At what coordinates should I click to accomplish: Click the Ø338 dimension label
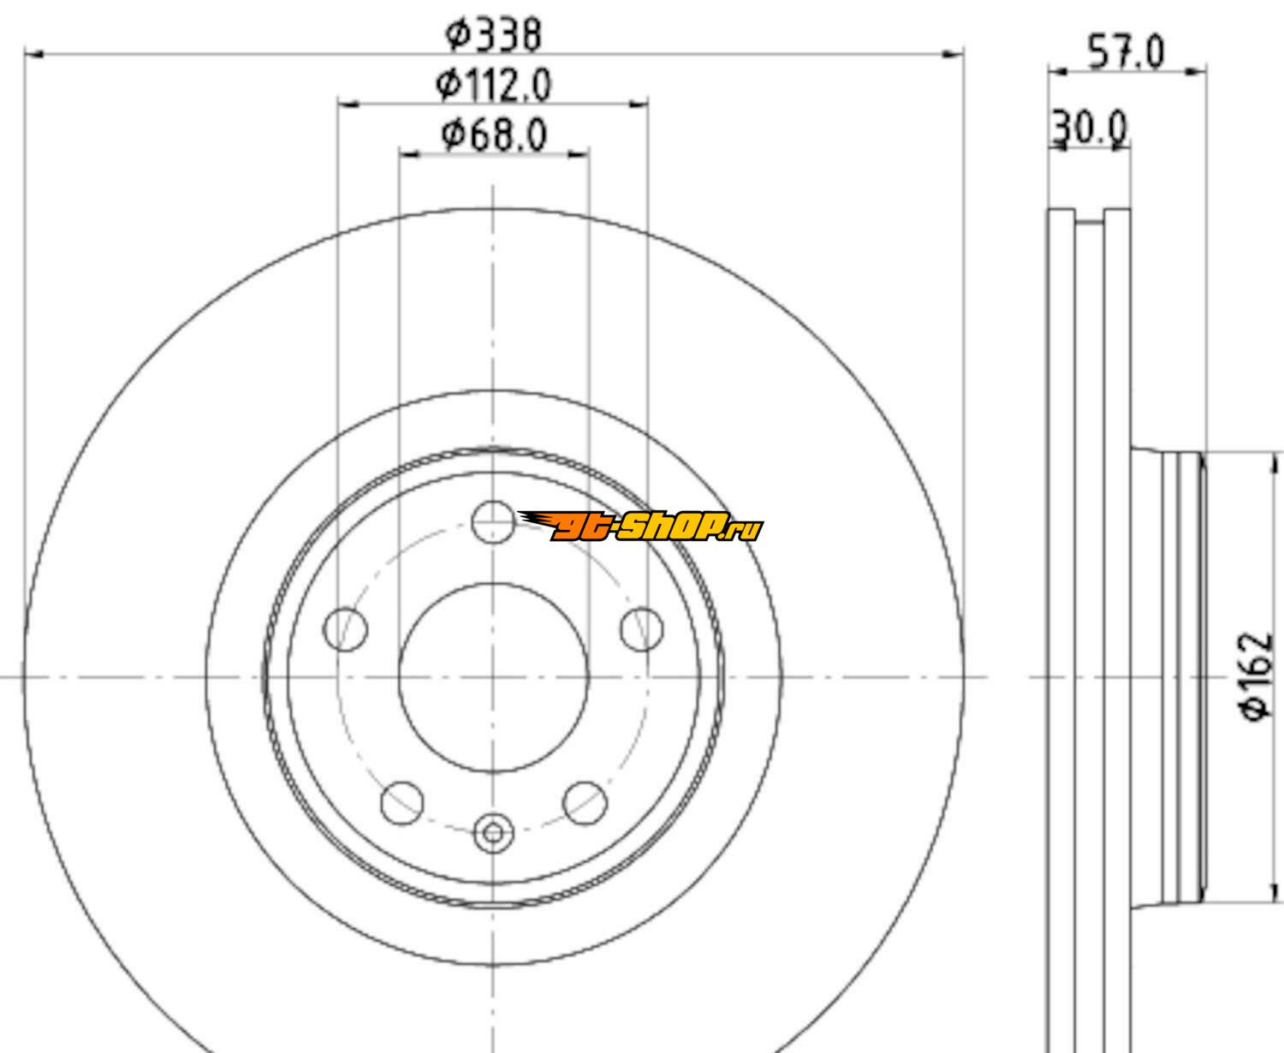pos(493,34)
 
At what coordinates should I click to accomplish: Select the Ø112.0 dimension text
pos(493,85)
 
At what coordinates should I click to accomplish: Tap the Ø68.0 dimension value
pos(494,134)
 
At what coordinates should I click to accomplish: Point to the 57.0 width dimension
pos(1126,52)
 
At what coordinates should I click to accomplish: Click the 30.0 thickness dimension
pos(1090,128)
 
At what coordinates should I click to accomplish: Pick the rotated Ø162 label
pos(1257,677)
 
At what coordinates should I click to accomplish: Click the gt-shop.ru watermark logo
pos(640,526)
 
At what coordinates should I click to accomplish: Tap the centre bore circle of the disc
pos(494,677)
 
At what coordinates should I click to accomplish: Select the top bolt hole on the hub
pos(493,522)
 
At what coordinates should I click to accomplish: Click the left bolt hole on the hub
pos(346,629)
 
